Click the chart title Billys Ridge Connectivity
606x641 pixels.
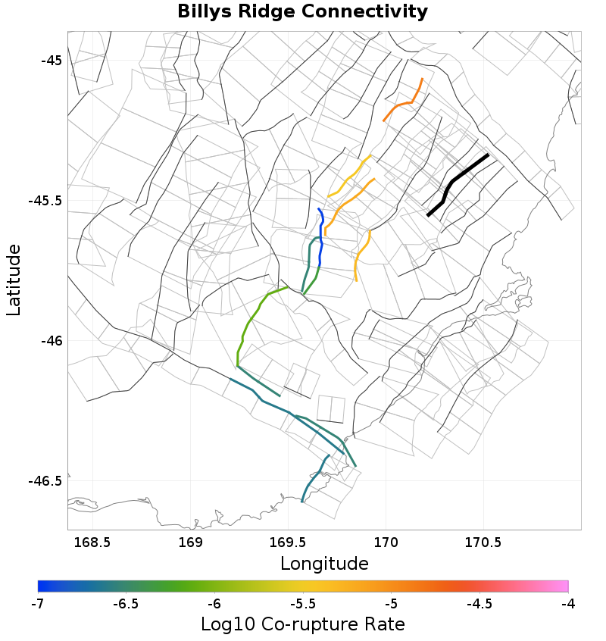tap(302, 12)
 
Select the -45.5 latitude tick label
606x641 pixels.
tap(45, 201)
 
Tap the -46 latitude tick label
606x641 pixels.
tap(49, 341)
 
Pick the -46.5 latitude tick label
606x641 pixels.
tap(45, 481)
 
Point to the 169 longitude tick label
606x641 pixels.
tap(190, 543)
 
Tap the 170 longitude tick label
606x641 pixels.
tap(386, 543)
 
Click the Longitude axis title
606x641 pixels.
tap(324, 564)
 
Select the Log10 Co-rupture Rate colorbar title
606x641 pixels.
tap(302, 624)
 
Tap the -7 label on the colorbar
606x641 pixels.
tap(37, 603)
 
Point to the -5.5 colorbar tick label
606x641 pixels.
tap(302, 603)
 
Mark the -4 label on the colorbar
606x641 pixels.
tap(568, 603)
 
